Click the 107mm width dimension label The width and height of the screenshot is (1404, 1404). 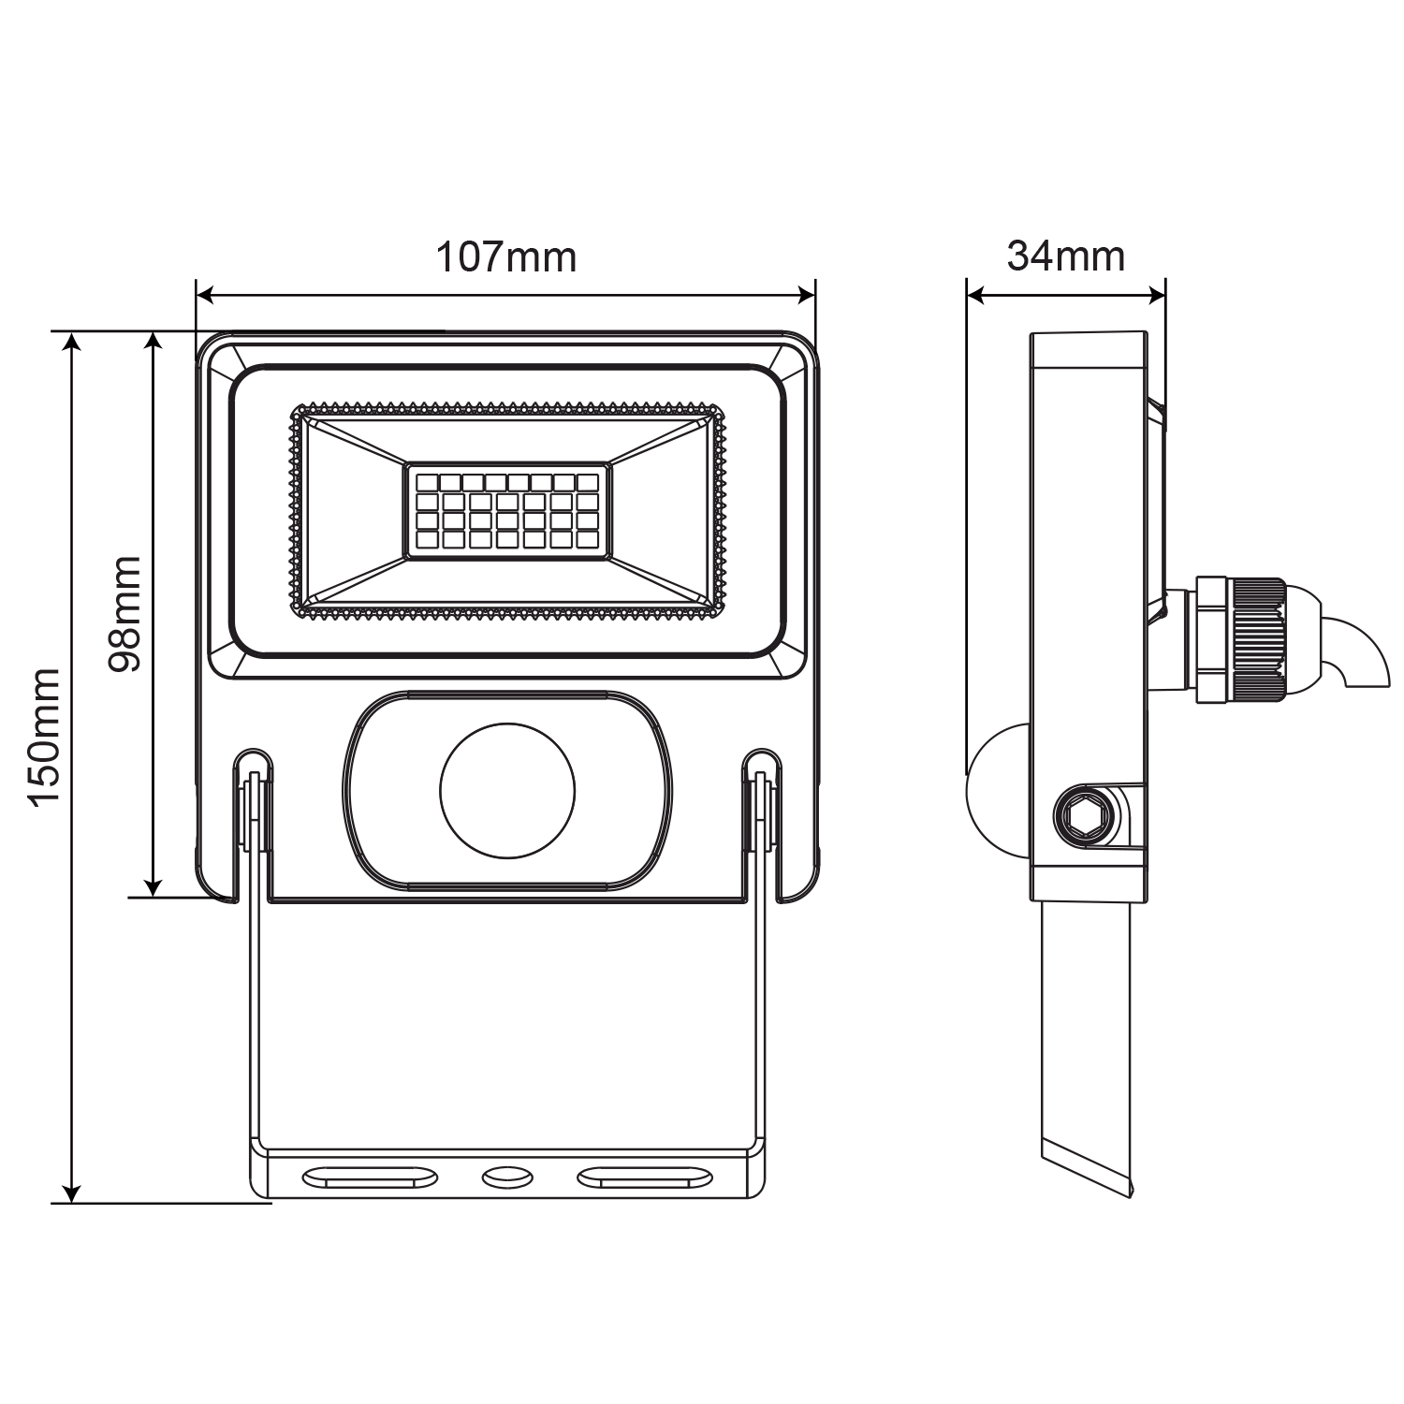pos(506,256)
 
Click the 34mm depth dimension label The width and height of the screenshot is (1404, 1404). pos(1066,256)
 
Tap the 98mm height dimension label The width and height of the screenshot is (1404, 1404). pos(124,614)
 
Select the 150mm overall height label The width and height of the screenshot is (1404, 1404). pos(44,737)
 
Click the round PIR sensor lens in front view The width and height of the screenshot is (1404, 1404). pos(507,790)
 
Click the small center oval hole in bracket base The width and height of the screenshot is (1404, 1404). pos(506,1177)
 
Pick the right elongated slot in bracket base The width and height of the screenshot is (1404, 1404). pos(646,1177)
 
